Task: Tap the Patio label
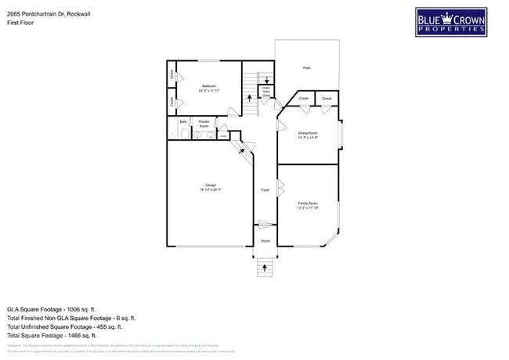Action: (307, 68)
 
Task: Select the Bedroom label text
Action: (208, 87)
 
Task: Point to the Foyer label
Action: (265, 190)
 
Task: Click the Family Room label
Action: (307, 204)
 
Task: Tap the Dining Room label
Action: (307, 135)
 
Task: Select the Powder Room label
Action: (204, 124)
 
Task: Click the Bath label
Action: (182, 122)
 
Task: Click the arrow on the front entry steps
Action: (265, 268)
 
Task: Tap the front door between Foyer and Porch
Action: (265, 226)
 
